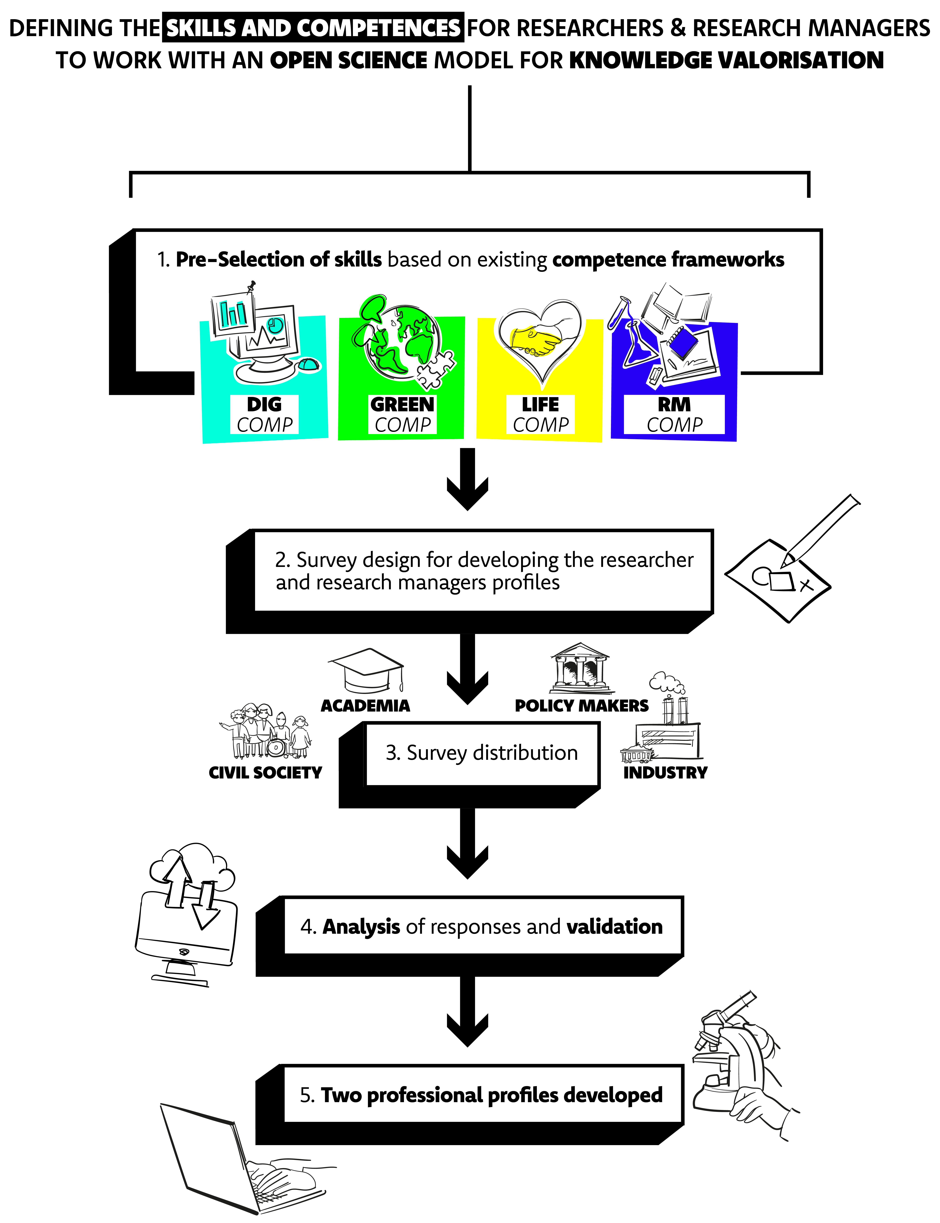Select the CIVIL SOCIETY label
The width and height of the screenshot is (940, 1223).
(x=265, y=773)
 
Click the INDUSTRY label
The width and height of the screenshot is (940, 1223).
(x=665, y=773)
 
